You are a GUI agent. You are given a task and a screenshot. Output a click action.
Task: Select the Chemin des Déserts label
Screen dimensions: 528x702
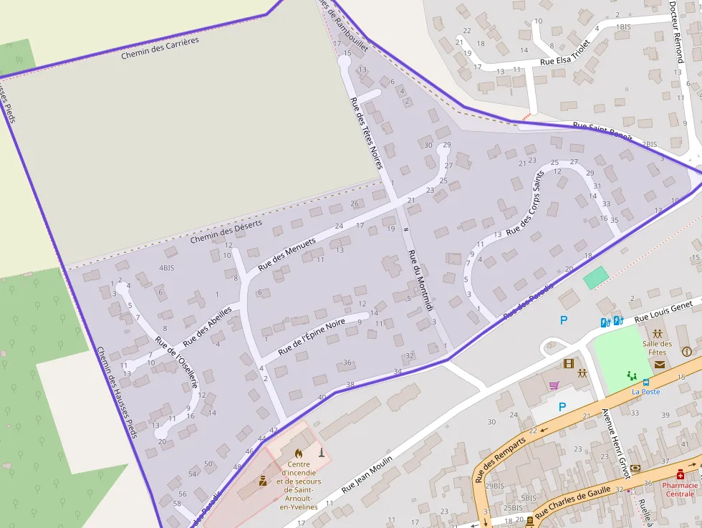coord(226,231)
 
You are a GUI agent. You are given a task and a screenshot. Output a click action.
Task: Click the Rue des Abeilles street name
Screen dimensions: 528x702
coord(207,327)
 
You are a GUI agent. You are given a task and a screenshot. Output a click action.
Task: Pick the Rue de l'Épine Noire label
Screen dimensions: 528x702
coord(312,337)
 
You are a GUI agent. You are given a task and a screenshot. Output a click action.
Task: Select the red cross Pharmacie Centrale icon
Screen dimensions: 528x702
coord(680,474)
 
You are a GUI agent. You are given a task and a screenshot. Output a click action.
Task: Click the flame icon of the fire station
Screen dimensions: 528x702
coord(298,453)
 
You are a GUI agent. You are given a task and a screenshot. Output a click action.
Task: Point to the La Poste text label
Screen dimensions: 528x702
coord(645,392)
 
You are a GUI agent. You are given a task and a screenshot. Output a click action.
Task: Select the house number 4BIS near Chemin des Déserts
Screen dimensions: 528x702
coord(166,268)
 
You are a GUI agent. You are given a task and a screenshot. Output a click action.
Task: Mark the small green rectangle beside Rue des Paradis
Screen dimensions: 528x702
coord(595,277)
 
